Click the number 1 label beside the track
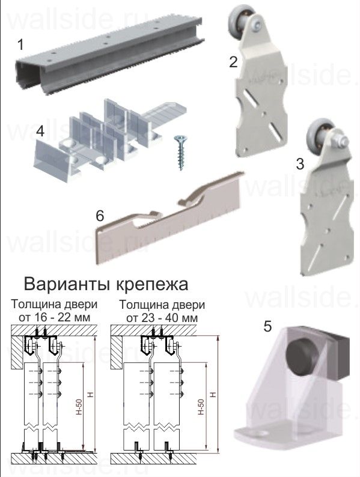point(21,44)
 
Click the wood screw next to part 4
point(179,152)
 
